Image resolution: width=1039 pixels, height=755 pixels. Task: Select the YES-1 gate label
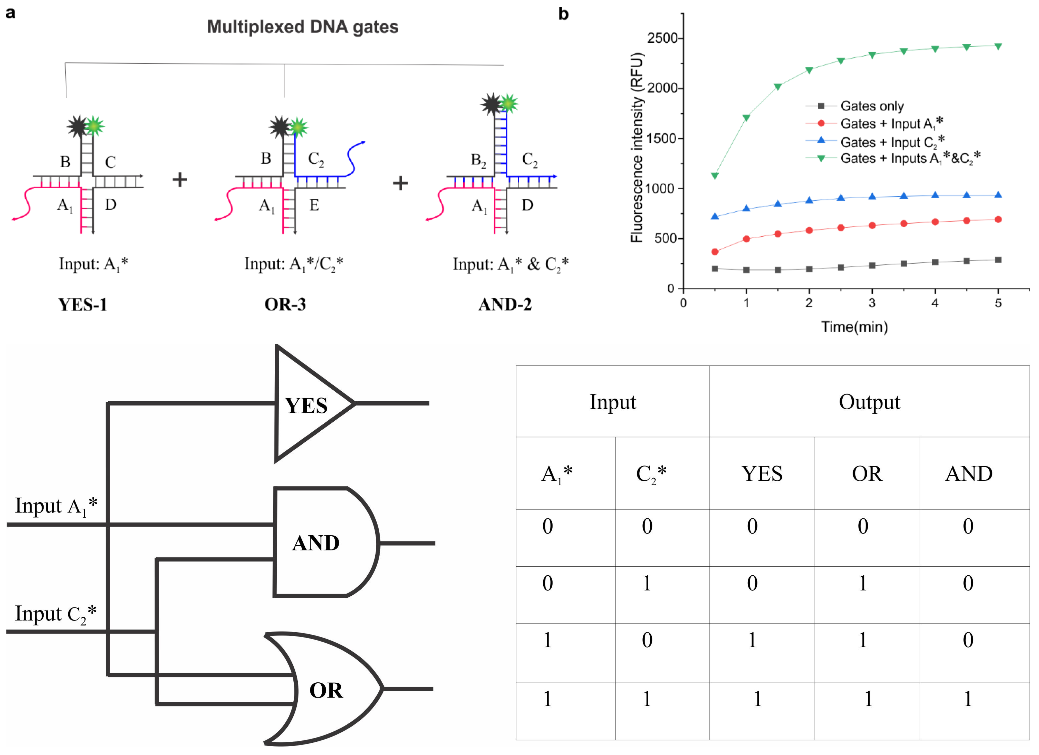(82, 304)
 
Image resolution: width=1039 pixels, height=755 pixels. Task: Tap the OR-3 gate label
(285, 304)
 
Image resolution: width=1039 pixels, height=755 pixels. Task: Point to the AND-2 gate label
(505, 304)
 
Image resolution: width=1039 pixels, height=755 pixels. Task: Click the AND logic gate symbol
(321, 543)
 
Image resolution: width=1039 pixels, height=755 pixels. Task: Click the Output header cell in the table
(869, 402)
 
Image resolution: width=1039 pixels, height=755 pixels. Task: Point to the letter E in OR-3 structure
(314, 205)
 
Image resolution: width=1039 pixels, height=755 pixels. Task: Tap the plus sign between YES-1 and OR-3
(180, 180)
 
